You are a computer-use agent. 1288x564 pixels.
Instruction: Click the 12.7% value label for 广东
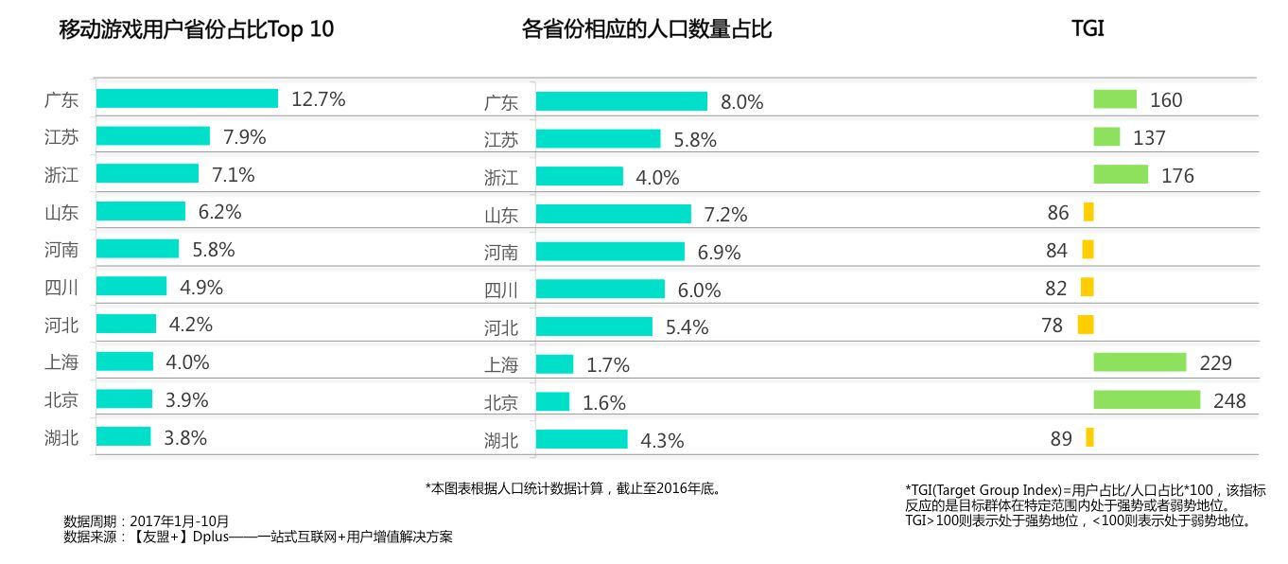pos(319,98)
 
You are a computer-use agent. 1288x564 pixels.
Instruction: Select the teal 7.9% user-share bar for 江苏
pos(153,136)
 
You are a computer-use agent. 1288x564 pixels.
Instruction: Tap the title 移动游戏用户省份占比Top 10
pos(197,29)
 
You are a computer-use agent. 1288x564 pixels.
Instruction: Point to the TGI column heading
pos(1088,29)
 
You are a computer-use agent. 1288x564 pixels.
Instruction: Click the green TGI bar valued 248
pos(1146,399)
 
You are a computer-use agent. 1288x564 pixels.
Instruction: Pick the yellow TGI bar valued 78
pos(1085,325)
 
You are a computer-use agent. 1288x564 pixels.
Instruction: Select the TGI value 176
pos(1178,176)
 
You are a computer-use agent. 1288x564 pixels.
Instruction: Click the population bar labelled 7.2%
pos(614,214)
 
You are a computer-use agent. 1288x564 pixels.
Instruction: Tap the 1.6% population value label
pos(604,403)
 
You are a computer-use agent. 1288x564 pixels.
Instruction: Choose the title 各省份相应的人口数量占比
pos(647,29)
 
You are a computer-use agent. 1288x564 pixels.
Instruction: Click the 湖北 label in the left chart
pos(61,437)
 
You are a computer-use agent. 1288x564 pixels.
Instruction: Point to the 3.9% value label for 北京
pos(186,399)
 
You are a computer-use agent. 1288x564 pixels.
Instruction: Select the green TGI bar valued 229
pos(1140,362)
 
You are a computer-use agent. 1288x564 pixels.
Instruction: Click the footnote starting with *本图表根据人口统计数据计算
pos(574,488)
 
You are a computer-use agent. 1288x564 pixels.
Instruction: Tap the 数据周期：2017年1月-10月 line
pos(146,521)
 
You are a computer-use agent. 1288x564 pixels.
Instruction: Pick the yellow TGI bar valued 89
pos(1089,437)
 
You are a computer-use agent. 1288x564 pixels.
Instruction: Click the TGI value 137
pos(1149,138)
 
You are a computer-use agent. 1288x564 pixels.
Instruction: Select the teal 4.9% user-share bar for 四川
pos(131,286)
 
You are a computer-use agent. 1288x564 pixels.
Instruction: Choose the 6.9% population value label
pos(720,252)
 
